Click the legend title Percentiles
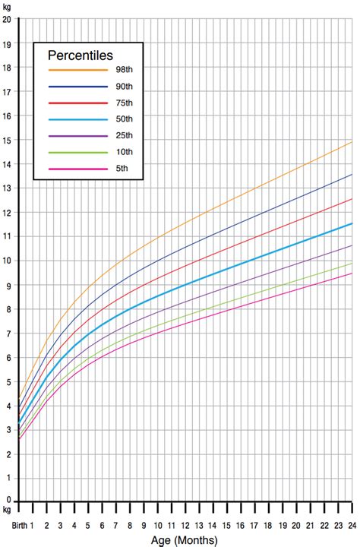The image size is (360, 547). [x=80, y=55]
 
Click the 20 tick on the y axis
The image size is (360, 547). [x=6, y=19]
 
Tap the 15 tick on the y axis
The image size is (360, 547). [x=6, y=140]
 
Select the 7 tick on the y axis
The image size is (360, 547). [x=7, y=334]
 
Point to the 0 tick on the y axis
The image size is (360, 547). [x=7, y=501]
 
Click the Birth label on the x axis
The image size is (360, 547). [x=19, y=526]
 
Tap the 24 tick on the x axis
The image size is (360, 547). [x=352, y=526]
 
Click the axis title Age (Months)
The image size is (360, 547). [x=185, y=539]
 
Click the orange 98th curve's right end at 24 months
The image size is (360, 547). [x=352, y=142]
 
